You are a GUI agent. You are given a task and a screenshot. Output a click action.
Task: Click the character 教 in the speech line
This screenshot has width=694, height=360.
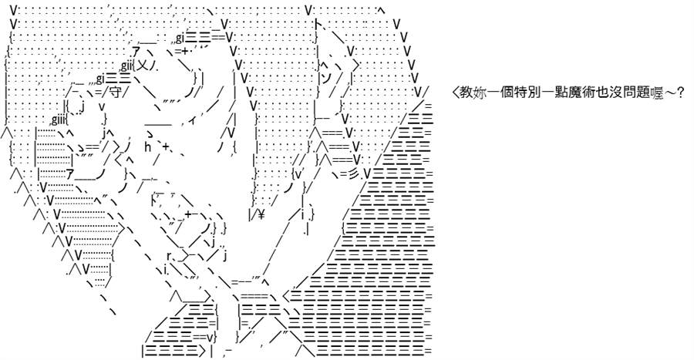coord(466,93)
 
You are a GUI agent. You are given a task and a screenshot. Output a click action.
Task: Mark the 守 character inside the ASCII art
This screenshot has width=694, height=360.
coord(115,93)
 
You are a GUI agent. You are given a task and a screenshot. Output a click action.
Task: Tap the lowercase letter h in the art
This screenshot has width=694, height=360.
coord(148,146)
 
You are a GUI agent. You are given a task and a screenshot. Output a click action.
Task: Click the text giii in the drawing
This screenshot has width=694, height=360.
coord(59,119)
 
